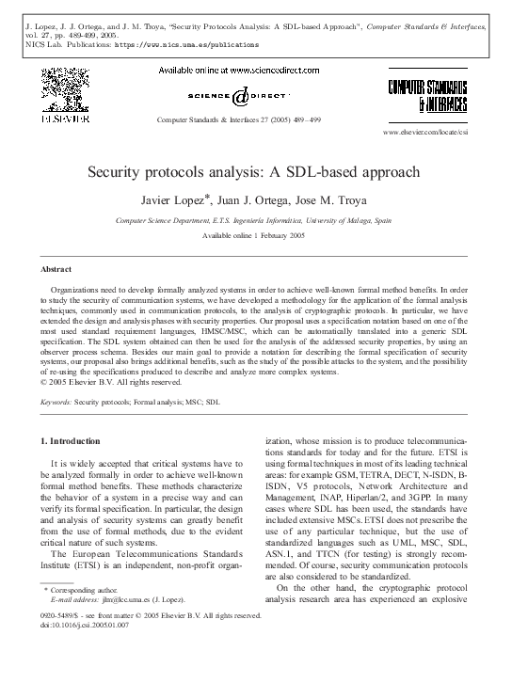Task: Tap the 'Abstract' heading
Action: tap(56, 269)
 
